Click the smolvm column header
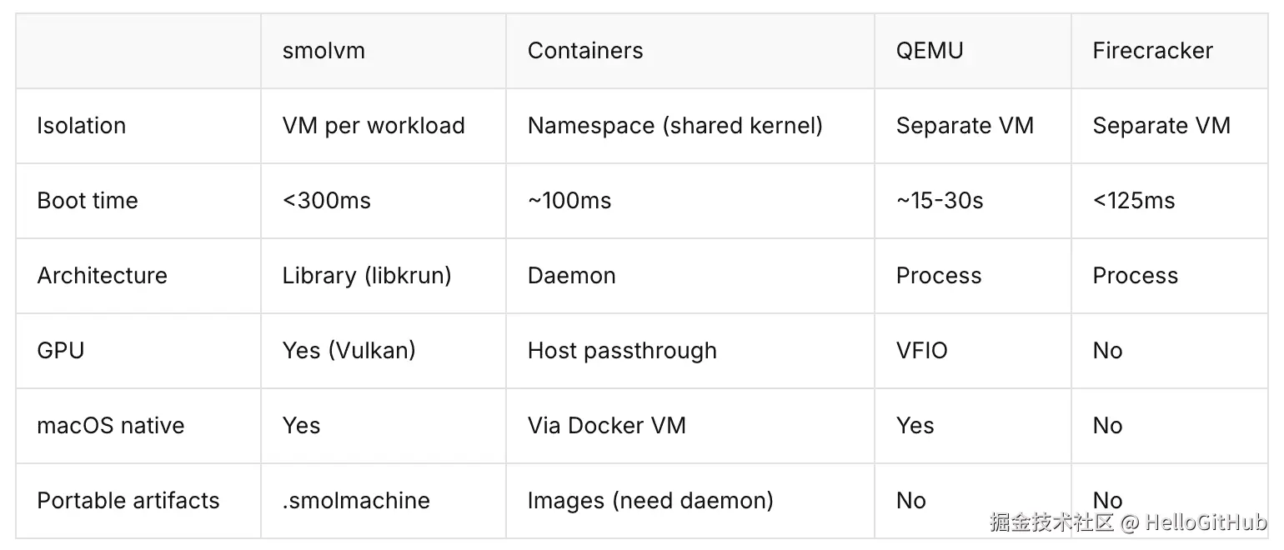(324, 51)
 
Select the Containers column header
(585, 51)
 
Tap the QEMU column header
(930, 51)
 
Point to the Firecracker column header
(1153, 51)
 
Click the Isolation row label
(82, 126)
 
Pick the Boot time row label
(87, 201)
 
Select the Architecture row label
(102, 276)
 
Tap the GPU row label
(60, 351)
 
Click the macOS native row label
(111, 426)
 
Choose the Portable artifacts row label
(128, 501)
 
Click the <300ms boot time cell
(326, 201)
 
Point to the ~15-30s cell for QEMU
(940, 201)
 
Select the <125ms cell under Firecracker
(1134, 201)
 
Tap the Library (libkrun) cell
(367, 276)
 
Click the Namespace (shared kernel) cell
(675, 126)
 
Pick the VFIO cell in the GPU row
(922, 351)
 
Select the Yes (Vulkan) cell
(349, 351)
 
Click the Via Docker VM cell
(606, 426)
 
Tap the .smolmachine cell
(356, 501)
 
